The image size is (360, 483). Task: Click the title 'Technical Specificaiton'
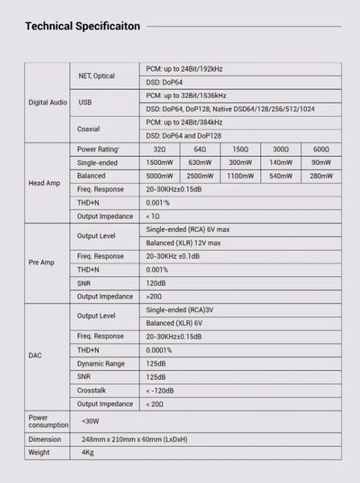[x=83, y=26]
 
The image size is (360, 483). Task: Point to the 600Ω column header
[x=321, y=151]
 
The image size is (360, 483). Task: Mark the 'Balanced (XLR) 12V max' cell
[x=182, y=242]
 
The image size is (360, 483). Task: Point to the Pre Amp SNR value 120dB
[x=157, y=283]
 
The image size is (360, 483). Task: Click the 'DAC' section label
[x=36, y=355]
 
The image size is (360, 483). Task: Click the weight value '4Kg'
[x=88, y=453]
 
